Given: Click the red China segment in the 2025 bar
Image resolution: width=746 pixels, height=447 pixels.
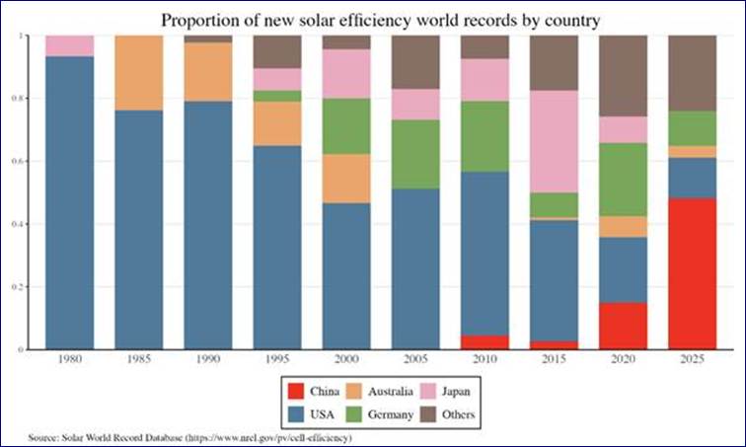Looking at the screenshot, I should coord(693,273).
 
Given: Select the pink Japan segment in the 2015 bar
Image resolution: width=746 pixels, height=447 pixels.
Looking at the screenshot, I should coord(554,141).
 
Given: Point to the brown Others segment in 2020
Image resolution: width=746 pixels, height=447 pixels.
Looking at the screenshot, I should coord(624,76).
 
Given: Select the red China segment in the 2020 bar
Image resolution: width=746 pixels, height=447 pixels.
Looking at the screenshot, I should coord(624,326).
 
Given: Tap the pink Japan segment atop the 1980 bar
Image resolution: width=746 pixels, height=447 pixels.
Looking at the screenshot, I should coord(69,45).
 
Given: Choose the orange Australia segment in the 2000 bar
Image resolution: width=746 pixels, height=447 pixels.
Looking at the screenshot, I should coord(346,179).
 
